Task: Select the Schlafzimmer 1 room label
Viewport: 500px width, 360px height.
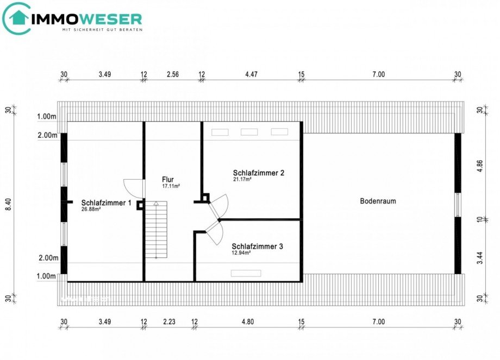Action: [107, 203]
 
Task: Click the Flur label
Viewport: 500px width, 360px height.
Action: [168, 179]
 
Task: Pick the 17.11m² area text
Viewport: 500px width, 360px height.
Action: [171, 186]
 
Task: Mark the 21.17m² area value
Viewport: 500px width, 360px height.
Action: [244, 179]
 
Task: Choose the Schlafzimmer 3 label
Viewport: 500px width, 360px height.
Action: [257, 246]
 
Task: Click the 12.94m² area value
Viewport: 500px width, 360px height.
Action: [241, 253]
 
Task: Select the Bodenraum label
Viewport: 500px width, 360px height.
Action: [378, 201]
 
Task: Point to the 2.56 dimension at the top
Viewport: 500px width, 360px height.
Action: [173, 74]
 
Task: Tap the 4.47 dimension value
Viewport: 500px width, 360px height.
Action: [251, 74]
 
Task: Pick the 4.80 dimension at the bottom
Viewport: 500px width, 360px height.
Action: [247, 321]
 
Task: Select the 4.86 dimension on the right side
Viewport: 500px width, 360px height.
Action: [479, 165]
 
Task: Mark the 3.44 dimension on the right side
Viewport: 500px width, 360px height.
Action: [479, 251]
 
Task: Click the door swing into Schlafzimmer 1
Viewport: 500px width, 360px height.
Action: [134, 188]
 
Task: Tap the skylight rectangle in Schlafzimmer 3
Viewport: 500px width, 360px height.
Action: [246, 273]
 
